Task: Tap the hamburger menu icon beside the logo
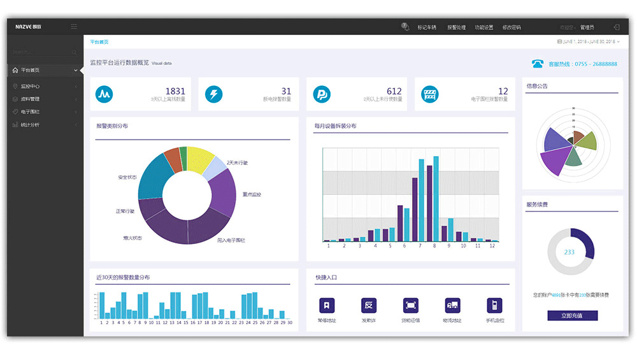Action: (74, 27)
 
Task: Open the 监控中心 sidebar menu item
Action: (31, 86)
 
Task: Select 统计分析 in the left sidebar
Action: (30, 125)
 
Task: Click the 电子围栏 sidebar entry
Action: (30, 112)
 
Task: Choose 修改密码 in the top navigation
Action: (511, 27)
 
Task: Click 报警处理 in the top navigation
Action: (456, 27)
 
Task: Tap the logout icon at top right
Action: (616, 27)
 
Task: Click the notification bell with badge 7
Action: (404, 27)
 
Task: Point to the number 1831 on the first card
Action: (175, 92)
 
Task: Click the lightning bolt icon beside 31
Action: (213, 95)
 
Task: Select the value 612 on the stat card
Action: (394, 92)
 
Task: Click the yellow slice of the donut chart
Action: (197, 157)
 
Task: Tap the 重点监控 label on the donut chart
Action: (252, 194)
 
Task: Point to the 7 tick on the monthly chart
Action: (419, 245)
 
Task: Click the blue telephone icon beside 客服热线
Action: (538, 64)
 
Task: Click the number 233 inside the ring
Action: (569, 252)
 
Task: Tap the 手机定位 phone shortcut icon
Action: (494, 305)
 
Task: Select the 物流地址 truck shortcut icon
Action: (452, 305)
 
